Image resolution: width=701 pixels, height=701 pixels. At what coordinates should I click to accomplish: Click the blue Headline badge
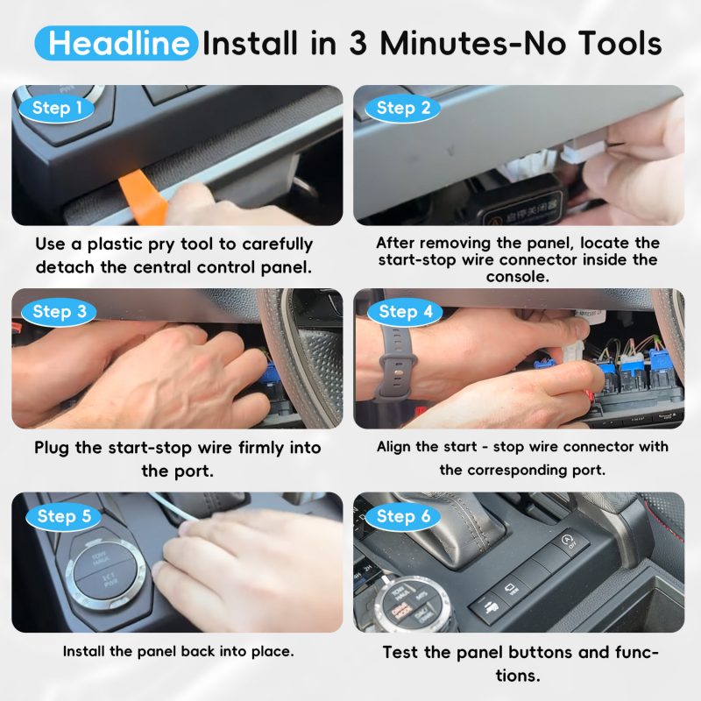point(117,43)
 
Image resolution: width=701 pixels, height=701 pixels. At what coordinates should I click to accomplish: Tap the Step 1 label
point(57,108)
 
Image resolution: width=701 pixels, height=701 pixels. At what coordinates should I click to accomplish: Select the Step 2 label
point(403,108)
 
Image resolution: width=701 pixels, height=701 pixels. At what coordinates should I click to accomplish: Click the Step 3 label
point(59,312)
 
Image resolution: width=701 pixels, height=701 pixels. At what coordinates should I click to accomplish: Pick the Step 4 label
point(405,312)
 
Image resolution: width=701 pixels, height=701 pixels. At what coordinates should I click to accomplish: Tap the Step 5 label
point(64,516)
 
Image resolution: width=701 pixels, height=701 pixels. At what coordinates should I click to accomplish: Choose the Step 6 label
point(403,516)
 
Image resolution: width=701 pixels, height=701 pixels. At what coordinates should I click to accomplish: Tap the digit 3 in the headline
point(358,44)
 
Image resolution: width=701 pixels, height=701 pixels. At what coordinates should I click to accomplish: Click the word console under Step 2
point(518,277)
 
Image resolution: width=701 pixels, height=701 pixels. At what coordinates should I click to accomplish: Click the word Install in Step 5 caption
point(83,651)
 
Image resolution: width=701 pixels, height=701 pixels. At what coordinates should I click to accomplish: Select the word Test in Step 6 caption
point(400,652)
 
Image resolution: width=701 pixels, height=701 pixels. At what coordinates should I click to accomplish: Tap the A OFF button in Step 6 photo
point(568,541)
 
